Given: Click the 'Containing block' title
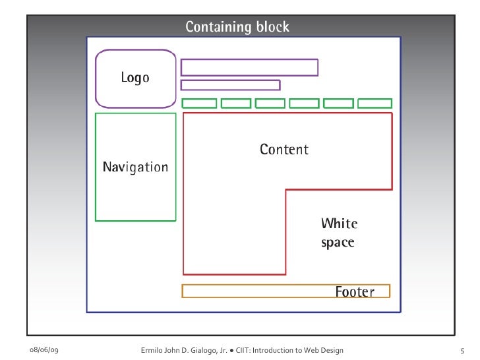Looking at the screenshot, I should (x=237, y=27).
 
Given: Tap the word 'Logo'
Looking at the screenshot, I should (x=135, y=78).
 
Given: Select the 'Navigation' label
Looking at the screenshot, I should (x=135, y=167).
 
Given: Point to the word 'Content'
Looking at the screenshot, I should (x=284, y=150).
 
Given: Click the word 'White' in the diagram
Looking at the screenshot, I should (x=339, y=223).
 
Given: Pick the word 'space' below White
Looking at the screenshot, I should (x=338, y=243).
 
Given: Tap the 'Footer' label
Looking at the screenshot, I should (x=355, y=291).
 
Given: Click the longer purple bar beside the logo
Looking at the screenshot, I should (x=249, y=67).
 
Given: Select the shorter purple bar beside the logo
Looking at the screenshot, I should (x=230, y=85).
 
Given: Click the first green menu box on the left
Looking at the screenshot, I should (x=199, y=104).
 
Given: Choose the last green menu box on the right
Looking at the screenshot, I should (x=375, y=104).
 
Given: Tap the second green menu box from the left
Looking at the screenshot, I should (x=235, y=104).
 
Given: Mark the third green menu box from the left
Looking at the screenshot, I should (x=270, y=104).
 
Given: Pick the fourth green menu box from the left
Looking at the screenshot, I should (x=304, y=104).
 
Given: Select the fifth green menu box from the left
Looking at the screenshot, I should (x=338, y=104).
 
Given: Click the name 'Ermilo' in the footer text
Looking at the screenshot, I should (x=153, y=349).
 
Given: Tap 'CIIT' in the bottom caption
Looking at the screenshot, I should (x=243, y=349).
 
